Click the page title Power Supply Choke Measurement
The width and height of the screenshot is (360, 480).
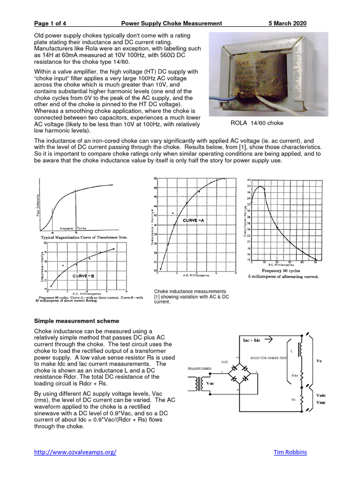click(x=171, y=23)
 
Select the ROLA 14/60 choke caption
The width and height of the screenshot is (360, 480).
click(x=256, y=123)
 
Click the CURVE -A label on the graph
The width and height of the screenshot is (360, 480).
click(x=193, y=220)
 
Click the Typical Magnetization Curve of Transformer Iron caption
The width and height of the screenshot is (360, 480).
click(x=84, y=238)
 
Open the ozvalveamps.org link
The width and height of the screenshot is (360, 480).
click(x=75, y=452)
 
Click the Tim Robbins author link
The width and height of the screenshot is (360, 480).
click(x=290, y=452)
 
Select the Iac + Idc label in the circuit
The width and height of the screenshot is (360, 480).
click(x=251, y=340)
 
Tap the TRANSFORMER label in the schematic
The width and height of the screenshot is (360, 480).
click(x=200, y=369)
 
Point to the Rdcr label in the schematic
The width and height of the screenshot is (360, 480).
click(x=294, y=375)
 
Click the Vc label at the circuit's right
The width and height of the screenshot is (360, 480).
click(x=319, y=361)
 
